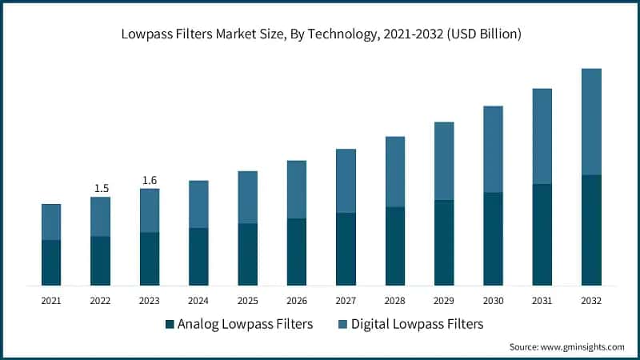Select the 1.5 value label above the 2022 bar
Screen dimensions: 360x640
(101, 188)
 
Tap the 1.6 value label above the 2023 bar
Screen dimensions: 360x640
(150, 180)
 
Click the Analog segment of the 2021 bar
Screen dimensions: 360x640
(51, 262)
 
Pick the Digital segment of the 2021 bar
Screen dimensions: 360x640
(51, 222)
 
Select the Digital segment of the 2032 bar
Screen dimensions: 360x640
(591, 122)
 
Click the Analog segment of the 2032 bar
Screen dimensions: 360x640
(591, 230)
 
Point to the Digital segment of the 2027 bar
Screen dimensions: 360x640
(346, 181)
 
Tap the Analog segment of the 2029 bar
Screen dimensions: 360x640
(444, 242)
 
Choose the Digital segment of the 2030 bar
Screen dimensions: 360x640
(493, 149)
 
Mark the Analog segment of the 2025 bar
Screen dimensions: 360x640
(248, 254)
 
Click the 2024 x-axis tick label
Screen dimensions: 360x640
(198, 301)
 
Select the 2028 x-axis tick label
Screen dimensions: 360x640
(395, 301)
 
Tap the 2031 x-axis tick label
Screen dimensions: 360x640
(542, 301)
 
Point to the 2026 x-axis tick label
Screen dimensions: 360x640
(297, 301)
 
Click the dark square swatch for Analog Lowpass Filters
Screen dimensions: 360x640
(169, 324)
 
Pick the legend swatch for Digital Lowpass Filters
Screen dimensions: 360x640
(342, 324)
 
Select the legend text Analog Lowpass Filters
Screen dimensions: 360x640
(245, 324)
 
